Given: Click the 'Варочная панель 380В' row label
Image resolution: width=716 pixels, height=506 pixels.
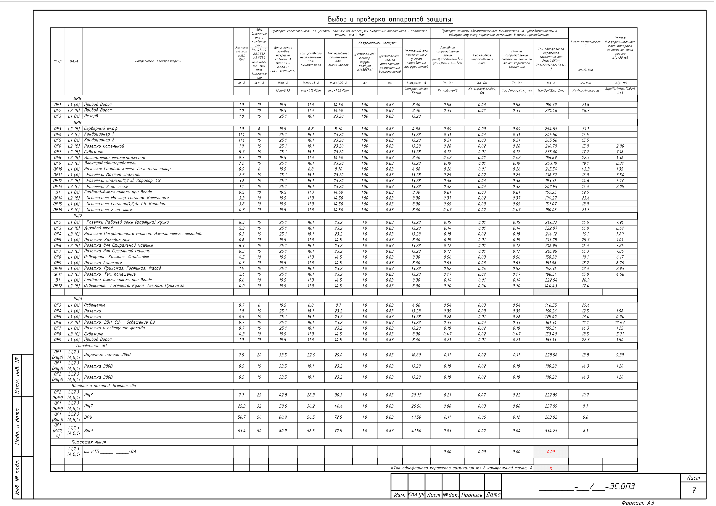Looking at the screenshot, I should (107, 355).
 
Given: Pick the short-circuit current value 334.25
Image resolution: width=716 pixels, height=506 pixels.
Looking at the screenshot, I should (551, 431).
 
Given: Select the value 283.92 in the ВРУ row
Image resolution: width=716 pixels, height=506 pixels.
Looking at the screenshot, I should (551, 417).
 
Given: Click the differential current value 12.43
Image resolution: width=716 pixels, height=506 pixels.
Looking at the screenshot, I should (620, 322).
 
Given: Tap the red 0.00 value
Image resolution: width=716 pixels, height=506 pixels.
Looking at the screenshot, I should (551, 451).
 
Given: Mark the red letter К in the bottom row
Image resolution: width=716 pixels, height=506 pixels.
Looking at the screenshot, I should (551, 468).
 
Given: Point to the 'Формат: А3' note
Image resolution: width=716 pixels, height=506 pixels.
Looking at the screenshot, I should (637, 503).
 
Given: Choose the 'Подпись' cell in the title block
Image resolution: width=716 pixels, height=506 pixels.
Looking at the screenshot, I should (471, 495).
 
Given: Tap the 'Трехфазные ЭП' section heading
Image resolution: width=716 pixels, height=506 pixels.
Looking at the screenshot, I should (91, 345).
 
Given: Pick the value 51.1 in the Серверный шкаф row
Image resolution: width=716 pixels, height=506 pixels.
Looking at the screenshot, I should (585, 129).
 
